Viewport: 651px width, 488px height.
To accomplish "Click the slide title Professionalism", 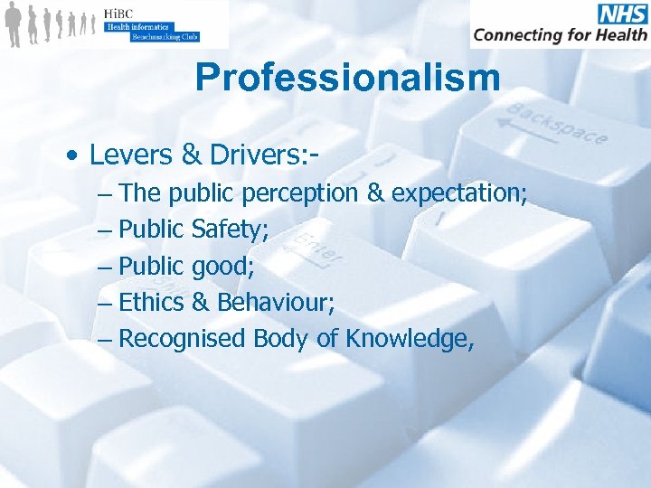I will [347, 78].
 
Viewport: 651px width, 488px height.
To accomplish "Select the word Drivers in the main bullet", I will [250, 155].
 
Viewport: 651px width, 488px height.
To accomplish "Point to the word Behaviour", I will [273, 302].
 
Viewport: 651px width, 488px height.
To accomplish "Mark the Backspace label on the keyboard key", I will [556, 124].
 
